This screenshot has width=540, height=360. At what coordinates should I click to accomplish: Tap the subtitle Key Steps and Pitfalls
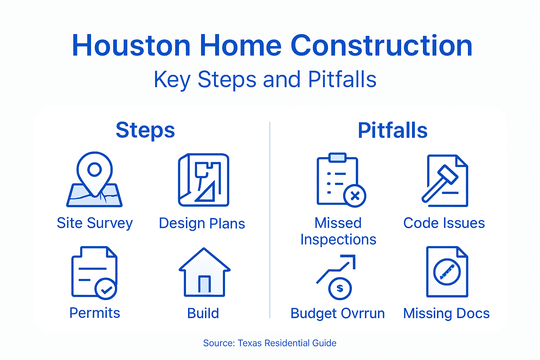(x=265, y=79)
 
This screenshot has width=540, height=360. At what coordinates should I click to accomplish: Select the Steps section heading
(x=145, y=130)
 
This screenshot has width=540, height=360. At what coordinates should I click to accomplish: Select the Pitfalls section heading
(x=392, y=130)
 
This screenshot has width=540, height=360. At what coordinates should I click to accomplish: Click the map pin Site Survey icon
(x=95, y=180)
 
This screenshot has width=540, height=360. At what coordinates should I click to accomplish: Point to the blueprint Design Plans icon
(x=204, y=180)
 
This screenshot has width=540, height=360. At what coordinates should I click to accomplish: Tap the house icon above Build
(x=204, y=272)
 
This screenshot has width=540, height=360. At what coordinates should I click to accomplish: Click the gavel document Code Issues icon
(x=445, y=180)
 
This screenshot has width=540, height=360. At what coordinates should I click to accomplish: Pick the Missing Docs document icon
(x=447, y=272)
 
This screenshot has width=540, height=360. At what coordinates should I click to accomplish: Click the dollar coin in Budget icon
(x=340, y=289)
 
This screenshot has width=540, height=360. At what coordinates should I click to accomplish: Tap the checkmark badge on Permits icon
(x=105, y=289)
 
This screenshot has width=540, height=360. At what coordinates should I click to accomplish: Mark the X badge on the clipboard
(x=355, y=196)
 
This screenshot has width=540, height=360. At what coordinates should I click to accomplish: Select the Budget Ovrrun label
(x=337, y=313)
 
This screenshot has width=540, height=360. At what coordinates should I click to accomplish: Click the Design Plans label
(x=202, y=224)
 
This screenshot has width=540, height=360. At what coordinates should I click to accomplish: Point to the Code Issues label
(x=444, y=223)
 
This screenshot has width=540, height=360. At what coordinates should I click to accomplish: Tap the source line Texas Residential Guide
(x=270, y=343)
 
